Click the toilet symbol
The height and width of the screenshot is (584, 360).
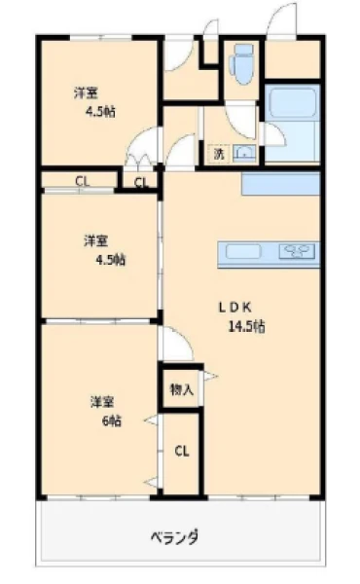pos(242,64)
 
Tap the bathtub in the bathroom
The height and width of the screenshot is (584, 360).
pos(292,102)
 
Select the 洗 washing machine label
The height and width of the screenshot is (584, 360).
pos(219,154)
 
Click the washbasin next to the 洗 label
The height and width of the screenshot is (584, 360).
pos(244,153)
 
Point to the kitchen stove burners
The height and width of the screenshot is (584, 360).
pos(297,251)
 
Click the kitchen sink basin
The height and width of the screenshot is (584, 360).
pos(243,251)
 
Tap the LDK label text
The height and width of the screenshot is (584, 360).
pos(234,308)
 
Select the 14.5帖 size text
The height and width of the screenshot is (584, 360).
pos(246,327)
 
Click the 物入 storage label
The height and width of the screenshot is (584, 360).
pos(181,389)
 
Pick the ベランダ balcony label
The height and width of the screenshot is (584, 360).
pos(174,537)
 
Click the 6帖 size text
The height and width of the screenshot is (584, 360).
pos(112,420)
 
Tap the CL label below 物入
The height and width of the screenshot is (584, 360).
pos(182,452)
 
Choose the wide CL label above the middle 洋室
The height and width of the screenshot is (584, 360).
pos(83,181)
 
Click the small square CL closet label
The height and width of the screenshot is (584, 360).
pos(141,183)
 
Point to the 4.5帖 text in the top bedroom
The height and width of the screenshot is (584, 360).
pos(100,111)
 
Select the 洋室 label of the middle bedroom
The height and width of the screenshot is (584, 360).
pos(95,241)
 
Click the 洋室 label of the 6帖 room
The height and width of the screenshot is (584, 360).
pos(102,402)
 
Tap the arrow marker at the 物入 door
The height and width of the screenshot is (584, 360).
pos(210,376)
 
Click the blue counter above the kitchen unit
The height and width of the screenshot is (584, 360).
pos(281,183)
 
